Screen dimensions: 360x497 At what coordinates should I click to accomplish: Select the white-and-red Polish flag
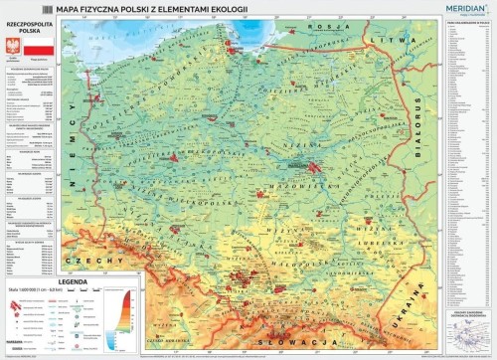(37, 48)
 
